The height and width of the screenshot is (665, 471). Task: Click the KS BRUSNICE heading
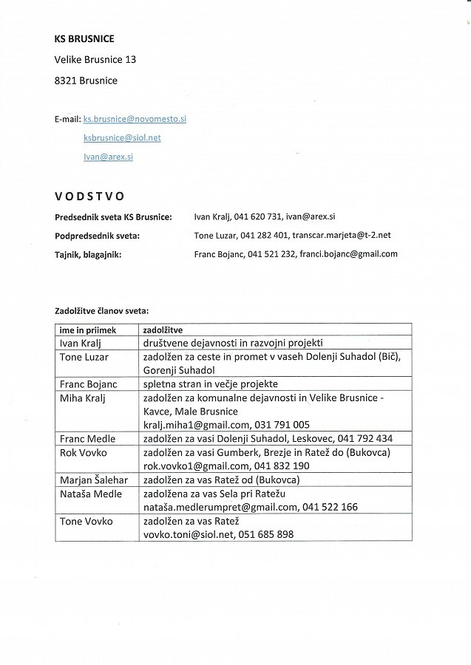[84, 38]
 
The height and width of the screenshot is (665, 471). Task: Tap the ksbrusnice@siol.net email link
[122, 137]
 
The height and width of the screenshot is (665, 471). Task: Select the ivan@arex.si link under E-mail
[108, 157]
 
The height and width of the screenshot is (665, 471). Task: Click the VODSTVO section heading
[89, 196]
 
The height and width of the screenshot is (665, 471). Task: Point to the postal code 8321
[66, 81]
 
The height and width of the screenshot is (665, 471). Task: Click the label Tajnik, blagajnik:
[88, 254]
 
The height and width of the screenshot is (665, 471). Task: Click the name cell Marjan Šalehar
[93, 480]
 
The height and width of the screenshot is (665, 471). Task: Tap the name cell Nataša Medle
[89, 494]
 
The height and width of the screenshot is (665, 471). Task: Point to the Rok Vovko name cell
[83, 452]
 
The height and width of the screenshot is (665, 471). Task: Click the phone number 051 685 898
[266, 534]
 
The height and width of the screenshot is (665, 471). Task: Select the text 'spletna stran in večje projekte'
[211, 384]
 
